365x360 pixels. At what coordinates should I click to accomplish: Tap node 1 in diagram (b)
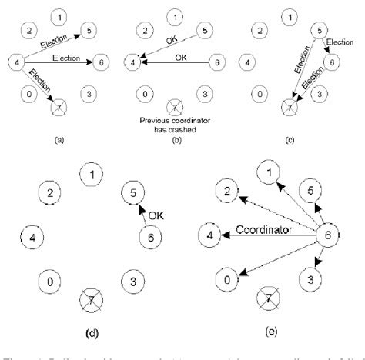pos(176,16)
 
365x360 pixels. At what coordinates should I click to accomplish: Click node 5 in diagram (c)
pos(316,31)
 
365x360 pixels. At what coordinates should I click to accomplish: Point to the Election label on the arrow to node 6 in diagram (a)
pos(68,56)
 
